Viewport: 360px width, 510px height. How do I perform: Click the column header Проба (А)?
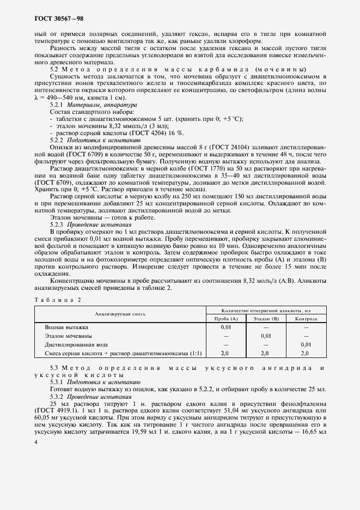(x=226, y=318)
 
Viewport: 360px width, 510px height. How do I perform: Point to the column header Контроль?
(x=306, y=318)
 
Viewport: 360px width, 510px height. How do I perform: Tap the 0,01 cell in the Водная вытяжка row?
(x=226, y=328)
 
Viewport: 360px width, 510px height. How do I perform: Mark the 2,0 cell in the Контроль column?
(x=306, y=353)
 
